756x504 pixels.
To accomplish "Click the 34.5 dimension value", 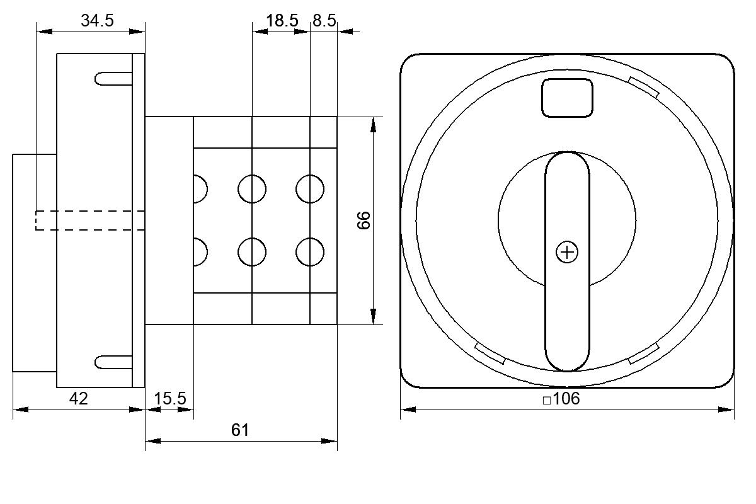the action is (97, 21).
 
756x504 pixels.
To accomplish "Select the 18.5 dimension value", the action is (282, 21).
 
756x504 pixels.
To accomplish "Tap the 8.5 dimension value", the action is (324, 21).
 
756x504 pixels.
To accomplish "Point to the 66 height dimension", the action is (364, 220).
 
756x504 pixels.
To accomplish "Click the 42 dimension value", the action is (79, 399).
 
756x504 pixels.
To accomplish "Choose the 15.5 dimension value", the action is (169, 399).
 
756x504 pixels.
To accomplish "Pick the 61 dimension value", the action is (240, 430).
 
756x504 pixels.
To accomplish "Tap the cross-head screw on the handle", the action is (567, 252).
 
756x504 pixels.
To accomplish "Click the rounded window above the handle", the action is (567, 98).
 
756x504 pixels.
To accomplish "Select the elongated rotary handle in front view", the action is (568, 261).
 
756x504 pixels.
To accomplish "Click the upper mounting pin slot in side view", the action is (113, 79).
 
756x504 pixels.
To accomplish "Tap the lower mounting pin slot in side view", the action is (113, 362).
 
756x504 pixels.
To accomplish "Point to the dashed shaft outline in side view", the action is (90, 220).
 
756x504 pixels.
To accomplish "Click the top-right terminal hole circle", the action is (310, 189).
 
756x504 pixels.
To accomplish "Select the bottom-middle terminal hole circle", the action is (252, 252).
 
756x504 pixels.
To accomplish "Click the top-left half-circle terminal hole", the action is (200, 189).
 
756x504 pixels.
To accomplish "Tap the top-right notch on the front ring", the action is (644, 87).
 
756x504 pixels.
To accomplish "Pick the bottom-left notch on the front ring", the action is (490, 353).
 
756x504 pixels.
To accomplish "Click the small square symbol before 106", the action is (547, 401).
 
